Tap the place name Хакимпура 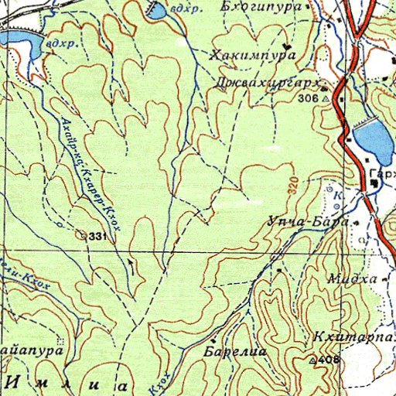click(x=254, y=56)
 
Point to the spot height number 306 click(x=307, y=99)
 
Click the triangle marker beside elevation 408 click(x=312, y=361)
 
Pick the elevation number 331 click(x=96, y=235)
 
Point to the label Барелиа click(x=235, y=352)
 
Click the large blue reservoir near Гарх click(x=373, y=138)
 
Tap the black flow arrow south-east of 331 click(x=130, y=264)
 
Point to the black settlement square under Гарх click(x=375, y=184)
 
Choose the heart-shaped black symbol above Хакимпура click(x=289, y=45)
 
